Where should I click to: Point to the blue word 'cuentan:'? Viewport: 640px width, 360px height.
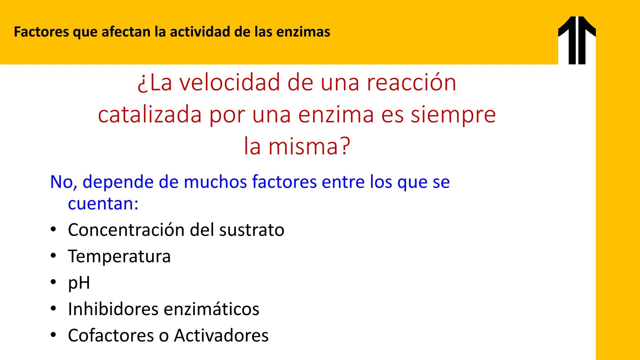(103, 204)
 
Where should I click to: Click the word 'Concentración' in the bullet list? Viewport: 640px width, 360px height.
(126, 230)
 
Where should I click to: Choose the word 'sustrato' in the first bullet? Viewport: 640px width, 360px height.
(252, 230)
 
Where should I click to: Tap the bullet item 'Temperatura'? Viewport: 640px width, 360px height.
(119, 257)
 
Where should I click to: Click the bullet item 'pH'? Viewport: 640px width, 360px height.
(79, 283)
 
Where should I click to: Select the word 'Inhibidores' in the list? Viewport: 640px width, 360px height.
(113, 309)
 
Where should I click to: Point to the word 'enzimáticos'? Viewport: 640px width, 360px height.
(212, 309)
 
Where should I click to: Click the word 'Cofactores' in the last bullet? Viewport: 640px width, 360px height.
(111, 335)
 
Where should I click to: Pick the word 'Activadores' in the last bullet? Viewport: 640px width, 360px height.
(221, 335)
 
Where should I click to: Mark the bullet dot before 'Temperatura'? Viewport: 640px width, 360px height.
(53, 256)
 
